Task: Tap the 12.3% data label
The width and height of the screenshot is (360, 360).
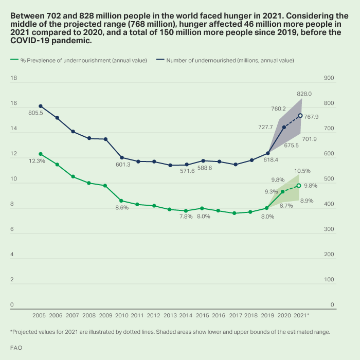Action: tap(37, 161)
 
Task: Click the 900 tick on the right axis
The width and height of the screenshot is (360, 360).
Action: tap(329, 78)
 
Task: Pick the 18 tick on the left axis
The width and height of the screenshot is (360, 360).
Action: tap(14, 78)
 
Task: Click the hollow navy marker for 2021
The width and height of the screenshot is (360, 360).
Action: tap(300, 116)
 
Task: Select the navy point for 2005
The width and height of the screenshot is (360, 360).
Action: tap(41, 106)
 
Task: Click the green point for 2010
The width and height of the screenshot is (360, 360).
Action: tap(122, 201)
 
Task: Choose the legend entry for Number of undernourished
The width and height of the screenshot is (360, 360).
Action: tap(229, 60)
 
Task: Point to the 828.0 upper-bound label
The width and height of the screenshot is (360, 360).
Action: tap(304, 94)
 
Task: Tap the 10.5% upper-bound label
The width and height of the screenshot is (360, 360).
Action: tap(302, 171)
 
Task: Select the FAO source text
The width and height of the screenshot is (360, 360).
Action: tap(16, 348)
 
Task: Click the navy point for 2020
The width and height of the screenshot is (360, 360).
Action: tap(284, 127)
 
